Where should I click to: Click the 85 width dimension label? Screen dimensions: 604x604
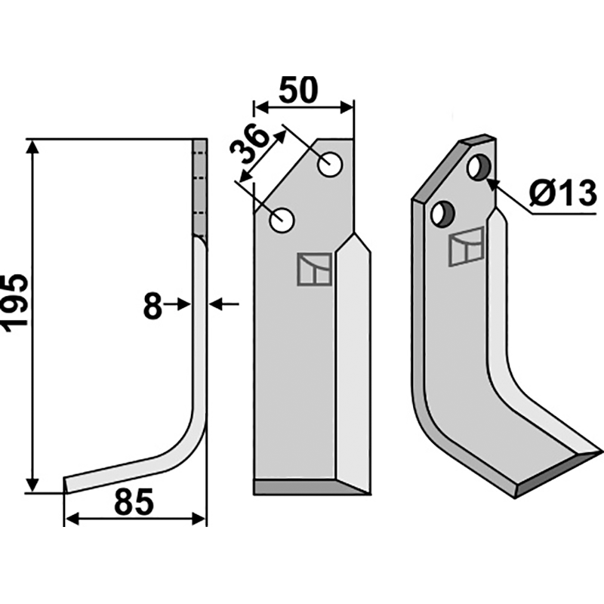click(x=134, y=502)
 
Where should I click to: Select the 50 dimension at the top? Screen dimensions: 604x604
click(x=298, y=90)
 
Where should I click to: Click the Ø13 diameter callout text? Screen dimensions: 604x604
click(x=562, y=193)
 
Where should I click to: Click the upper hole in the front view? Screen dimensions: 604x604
click(x=331, y=165)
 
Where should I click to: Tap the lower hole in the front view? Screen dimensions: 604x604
click(x=282, y=220)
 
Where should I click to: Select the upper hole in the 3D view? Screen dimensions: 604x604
click(x=479, y=167)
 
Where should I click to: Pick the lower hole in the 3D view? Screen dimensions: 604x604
click(x=443, y=214)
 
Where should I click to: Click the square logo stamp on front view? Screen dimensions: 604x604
click(x=315, y=270)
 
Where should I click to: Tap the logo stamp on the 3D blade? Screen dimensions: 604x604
click(x=466, y=247)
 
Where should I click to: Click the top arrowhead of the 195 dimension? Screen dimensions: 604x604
click(x=33, y=147)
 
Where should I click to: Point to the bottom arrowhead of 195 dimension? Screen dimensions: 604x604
click(x=33, y=484)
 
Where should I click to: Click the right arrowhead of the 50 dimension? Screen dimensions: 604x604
click(x=346, y=108)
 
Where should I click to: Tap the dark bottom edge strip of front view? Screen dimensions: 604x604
click(x=310, y=487)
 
